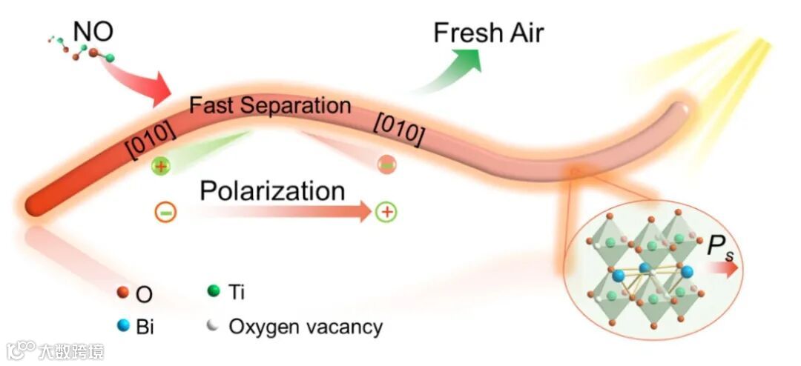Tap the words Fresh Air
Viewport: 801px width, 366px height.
[489, 33]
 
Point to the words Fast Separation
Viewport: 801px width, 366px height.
[270, 105]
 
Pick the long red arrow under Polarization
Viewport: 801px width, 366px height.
[282, 213]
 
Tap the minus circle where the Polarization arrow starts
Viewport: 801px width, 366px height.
[165, 213]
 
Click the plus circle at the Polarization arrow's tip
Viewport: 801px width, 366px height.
[386, 213]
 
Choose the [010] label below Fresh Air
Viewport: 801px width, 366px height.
[400, 130]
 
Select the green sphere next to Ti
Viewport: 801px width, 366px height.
[214, 292]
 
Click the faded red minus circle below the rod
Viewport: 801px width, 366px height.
[386, 164]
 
